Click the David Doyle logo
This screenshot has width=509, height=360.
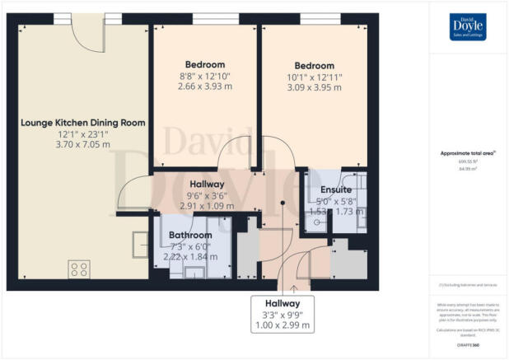point(467,27)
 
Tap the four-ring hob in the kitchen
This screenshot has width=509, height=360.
point(79,269)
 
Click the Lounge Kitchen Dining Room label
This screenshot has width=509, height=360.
point(82,123)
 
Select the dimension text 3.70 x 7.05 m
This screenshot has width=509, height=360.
point(82,145)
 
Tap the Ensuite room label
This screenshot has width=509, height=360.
point(336,189)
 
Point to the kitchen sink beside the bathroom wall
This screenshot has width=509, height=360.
point(138,244)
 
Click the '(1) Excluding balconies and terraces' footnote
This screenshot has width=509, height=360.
point(467,285)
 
